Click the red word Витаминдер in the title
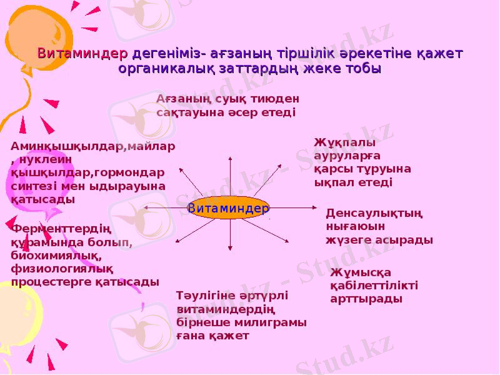[x=82, y=54]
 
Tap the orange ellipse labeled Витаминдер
[x=229, y=207]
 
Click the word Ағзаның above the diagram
[x=181, y=99]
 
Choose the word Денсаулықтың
[x=374, y=213]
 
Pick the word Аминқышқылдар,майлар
[x=93, y=146]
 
